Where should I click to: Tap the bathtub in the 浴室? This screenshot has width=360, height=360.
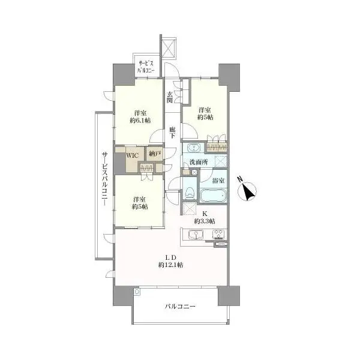(x=213, y=196)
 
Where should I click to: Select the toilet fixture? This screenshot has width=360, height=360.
(x=190, y=193)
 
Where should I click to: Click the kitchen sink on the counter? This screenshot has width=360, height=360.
(x=196, y=235)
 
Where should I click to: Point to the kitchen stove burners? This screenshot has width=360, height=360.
(x=220, y=235)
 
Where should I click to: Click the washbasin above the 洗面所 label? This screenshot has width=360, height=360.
(x=194, y=148)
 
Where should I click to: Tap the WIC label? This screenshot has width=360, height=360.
(x=132, y=155)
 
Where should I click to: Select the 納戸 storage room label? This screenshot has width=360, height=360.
(x=154, y=154)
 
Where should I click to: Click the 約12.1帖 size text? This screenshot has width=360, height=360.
(x=170, y=265)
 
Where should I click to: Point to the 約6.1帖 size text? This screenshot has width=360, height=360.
(x=140, y=121)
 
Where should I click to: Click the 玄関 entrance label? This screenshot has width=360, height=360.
(x=170, y=97)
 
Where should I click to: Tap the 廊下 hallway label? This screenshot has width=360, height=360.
(x=172, y=133)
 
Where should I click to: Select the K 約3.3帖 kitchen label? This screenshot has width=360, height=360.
(x=205, y=217)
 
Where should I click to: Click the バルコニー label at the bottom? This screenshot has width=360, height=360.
(x=180, y=306)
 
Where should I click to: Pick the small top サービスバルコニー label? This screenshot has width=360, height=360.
(x=146, y=67)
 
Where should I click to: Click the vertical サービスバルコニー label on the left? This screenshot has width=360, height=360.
(x=105, y=179)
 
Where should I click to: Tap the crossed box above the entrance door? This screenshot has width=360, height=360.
(x=169, y=49)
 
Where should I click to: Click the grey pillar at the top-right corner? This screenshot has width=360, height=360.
(x=229, y=77)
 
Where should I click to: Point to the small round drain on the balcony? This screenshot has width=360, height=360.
(x=137, y=292)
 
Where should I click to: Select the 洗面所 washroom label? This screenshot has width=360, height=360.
(x=199, y=162)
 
